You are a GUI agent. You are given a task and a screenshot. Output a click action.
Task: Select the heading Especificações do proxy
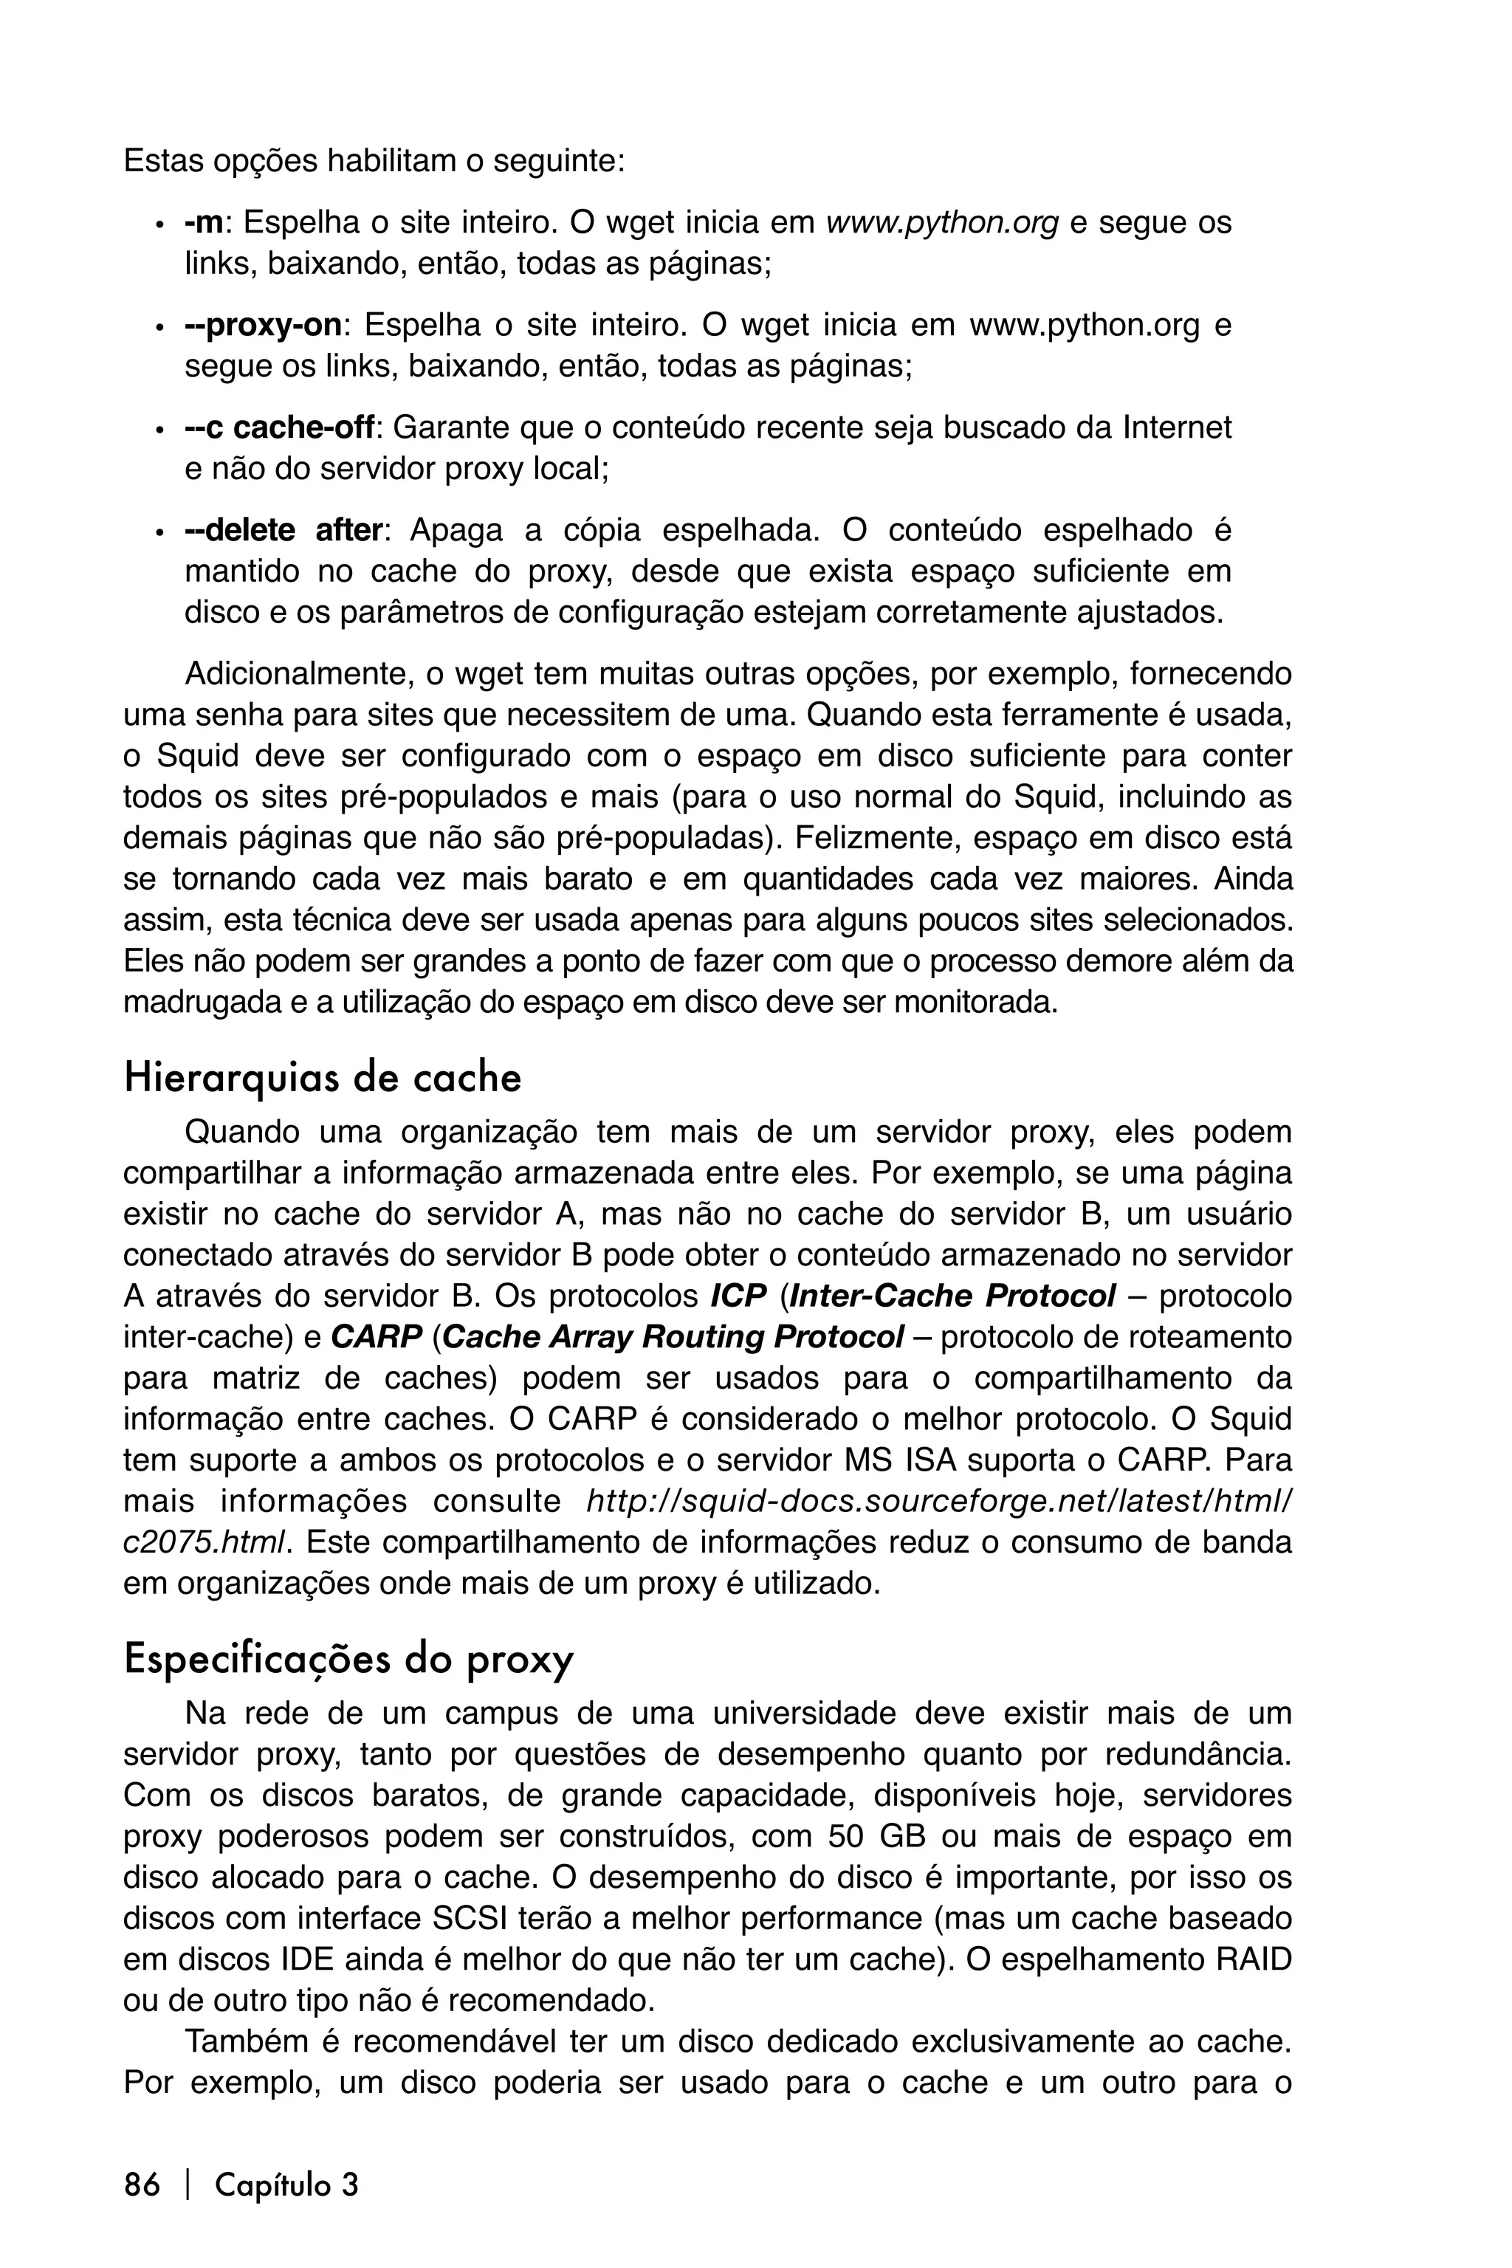pyautogui.click(x=348, y=1660)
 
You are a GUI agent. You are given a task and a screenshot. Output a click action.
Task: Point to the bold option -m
pyautogui.click(x=204, y=223)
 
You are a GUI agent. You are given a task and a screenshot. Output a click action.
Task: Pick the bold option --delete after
pyautogui.click(x=284, y=530)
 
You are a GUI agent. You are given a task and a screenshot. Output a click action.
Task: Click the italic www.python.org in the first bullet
pyautogui.click(x=942, y=223)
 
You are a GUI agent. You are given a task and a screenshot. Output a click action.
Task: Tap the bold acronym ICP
pyautogui.click(x=738, y=1296)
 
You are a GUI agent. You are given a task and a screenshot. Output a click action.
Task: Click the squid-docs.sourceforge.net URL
pyautogui.click(x=939, y=1502)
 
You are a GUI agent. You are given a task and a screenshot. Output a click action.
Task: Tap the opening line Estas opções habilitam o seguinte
pyautogui.click(x=374, y=161)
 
